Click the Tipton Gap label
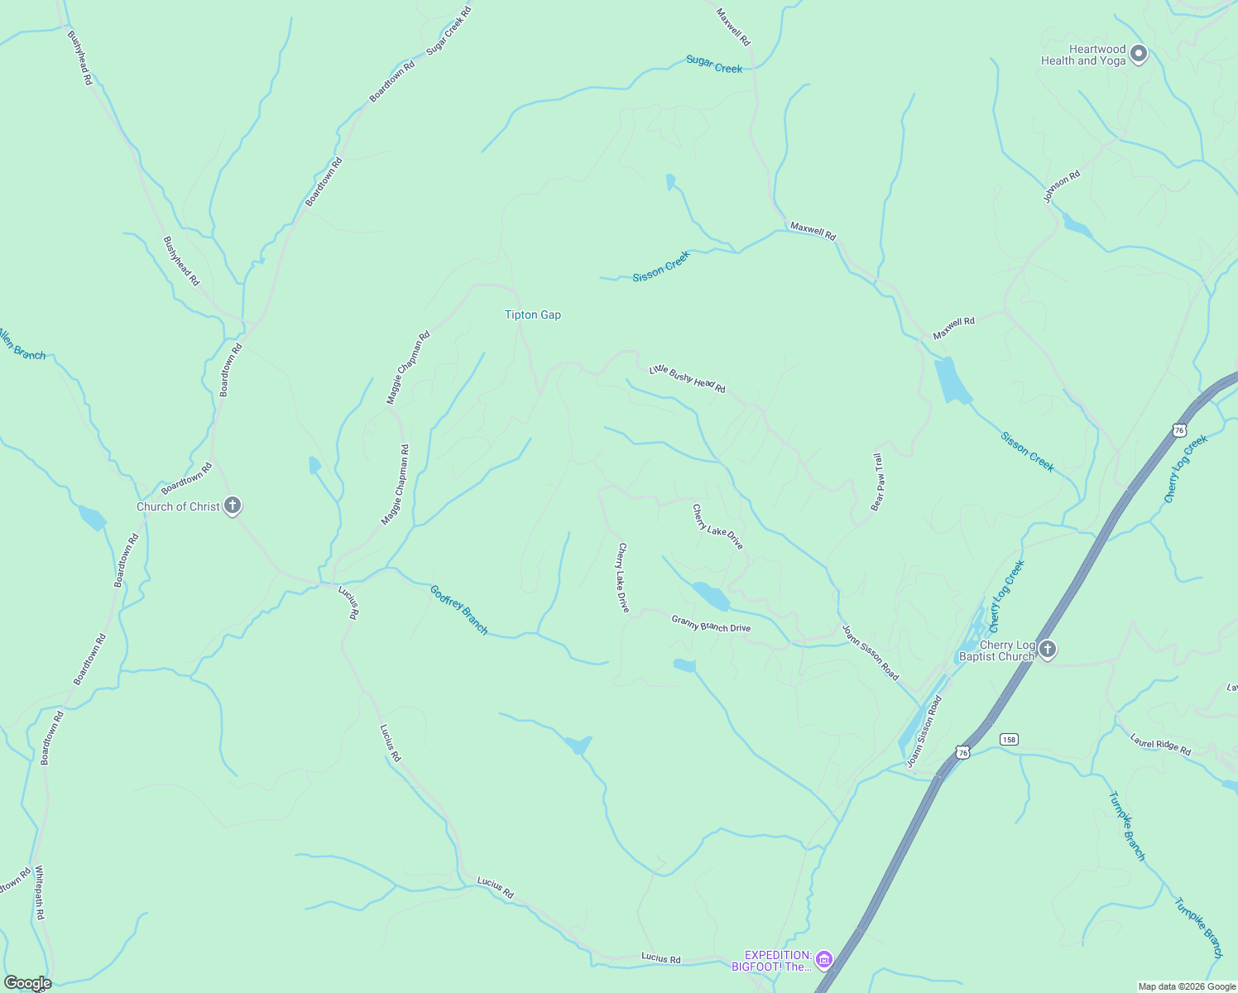coord(533,314)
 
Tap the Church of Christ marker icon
coord(233,506)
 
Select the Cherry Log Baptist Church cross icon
coord(1048,649)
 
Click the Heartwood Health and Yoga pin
coord(1139,55)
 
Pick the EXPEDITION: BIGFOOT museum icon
coord(823,959)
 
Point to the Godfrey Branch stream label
coord(459,610)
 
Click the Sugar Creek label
coord(714,65)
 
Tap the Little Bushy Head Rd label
coord(687,378)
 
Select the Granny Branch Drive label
coord(711,623)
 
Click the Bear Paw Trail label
coord(878,482)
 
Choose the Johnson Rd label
coord(1062,187)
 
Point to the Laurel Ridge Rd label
coord(1160,745)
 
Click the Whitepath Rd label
coord(39,893)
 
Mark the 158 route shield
coord(1008,739)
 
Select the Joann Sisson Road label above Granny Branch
coord(870,652)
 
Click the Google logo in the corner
coord(27,983)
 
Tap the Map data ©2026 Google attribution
coord(1187,986)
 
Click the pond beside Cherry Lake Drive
coord(711,595)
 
